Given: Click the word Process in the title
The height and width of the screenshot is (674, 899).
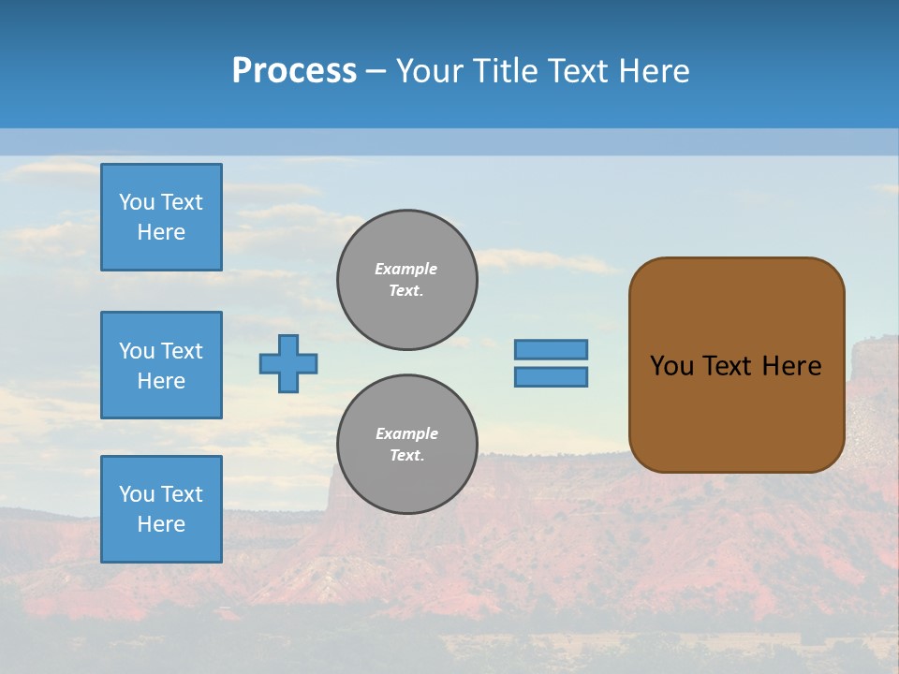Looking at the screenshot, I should pyautogui.click(x=294, y=70).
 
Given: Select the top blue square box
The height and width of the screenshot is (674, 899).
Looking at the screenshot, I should pyautogui.click(x=161, y=217).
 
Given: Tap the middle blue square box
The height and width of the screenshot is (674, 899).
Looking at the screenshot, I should pyautogui.click(x=161, y=365).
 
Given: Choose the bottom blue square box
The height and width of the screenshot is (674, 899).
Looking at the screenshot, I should pyautogui.click(x=161, y=508).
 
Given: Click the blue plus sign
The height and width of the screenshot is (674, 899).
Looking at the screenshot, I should pyautogui.click(x=288, y=363).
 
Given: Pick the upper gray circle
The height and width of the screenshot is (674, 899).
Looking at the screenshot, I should pyautogui.click(x=406, y=280).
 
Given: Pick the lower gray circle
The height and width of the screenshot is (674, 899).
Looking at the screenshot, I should pyautogui.click(x=406, y=445).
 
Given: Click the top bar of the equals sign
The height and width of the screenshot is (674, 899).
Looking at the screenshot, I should pyautogui.click(x=551, y=349).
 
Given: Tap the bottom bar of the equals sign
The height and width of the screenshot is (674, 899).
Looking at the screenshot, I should pyautogui.click(x=551, y=376).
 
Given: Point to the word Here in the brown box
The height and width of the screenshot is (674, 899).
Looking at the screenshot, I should pyautogui.click(x=791, y=366).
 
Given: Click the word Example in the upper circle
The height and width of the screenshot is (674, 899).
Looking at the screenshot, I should pyautogui.click(x=406, y=269).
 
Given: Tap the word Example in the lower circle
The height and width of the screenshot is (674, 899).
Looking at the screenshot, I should pyautogui.click(x=406, y=433).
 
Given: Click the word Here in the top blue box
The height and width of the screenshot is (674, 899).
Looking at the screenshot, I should pyautogui.click(x=161, y=232).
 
